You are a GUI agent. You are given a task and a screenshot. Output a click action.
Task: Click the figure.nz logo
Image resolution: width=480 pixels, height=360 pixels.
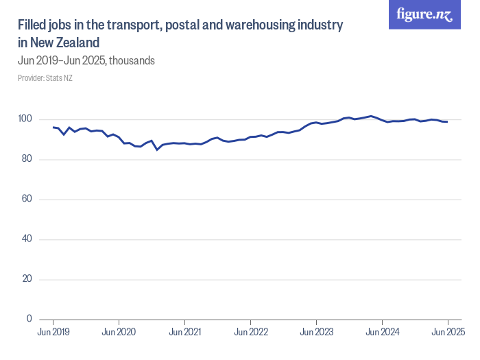click(x=425, y=15)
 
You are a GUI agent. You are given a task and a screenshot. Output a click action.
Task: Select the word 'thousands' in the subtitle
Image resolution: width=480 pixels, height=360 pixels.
click(x=132, y=60)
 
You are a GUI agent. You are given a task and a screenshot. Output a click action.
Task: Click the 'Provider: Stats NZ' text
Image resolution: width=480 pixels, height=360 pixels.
click(x=45, y=78)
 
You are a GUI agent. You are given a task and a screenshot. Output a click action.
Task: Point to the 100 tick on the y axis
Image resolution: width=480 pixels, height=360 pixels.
click(x=25, y=119)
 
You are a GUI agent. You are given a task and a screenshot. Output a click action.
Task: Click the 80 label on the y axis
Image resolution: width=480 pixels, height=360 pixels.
click(x=27, y=159)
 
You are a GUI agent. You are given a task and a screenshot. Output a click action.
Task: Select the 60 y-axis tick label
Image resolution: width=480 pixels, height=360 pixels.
click(x=27, y=199)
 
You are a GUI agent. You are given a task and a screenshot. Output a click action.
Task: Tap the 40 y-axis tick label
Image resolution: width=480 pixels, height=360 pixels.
click(x=27, y=239)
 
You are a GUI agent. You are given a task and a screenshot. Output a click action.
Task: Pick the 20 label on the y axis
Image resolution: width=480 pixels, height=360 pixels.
click(x=27, y=279)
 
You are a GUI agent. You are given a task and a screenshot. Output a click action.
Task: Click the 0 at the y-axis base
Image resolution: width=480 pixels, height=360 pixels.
click(x=29, y=319)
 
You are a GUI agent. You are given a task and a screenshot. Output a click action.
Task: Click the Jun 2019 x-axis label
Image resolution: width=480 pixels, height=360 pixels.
click(x=53, y=332)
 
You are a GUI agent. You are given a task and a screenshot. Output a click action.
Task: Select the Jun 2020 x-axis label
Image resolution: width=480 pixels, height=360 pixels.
click(x=119, y=332)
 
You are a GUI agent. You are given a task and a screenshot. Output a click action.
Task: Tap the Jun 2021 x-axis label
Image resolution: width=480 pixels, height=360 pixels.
click(x=185, y=332)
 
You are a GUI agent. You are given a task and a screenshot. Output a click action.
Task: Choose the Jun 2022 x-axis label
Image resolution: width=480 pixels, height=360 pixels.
click(x=251, y=332)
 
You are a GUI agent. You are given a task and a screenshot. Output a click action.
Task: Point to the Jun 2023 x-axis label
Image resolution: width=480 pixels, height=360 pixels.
click(x=316, y=332)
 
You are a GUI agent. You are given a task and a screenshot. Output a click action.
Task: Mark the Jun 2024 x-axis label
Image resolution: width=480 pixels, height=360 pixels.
click(x=382, y=332)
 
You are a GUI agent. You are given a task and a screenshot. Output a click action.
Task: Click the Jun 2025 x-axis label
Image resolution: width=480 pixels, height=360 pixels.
click(x=447, y=332)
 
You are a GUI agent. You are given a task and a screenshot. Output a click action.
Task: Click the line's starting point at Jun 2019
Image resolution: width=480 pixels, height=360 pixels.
click(x=53, y=128)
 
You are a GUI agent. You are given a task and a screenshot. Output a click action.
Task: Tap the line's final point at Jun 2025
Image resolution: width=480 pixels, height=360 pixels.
click(x=447, y=122)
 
